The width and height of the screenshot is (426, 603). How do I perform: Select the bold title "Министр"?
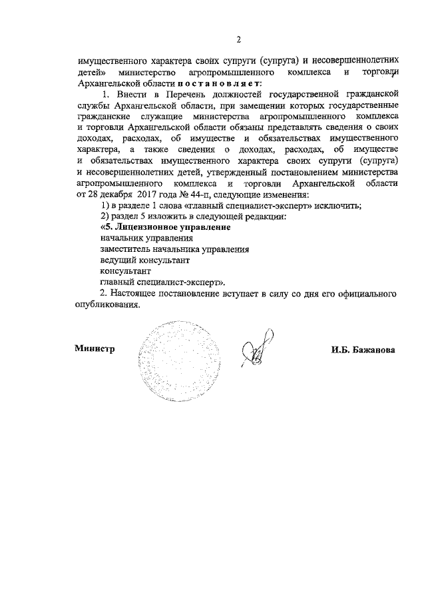point(96,348)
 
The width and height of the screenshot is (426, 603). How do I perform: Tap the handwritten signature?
point(258,347)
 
